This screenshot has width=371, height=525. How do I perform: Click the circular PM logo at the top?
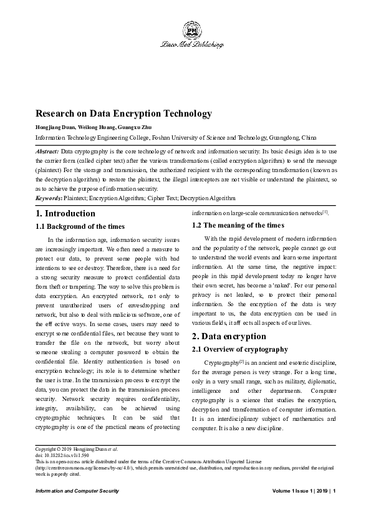pyautogui.click(x=191, y=29)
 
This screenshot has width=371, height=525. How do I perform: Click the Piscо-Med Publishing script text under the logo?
pyautogui.click(x=191, y=45)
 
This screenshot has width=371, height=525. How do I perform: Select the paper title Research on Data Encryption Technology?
pyautogui.click(x=123, y=113)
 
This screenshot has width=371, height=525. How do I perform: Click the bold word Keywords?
pyautogui.click(x=49, y=198)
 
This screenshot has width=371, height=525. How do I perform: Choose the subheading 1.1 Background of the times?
pyautogui.click(x=80, y=226)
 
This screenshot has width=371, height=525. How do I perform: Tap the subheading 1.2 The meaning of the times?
pyautogui.click(x=238, y=225)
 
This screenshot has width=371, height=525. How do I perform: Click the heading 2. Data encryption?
pyautogui.click(x=229, y=337)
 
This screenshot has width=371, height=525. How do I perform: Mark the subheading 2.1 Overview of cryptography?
pyautogui.click(x=240, y=349)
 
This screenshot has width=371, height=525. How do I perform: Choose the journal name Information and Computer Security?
pyautogui.click(x=77, y=492)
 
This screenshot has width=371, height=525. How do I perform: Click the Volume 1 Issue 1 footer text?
pyautogui.click(x=295, y=492)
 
